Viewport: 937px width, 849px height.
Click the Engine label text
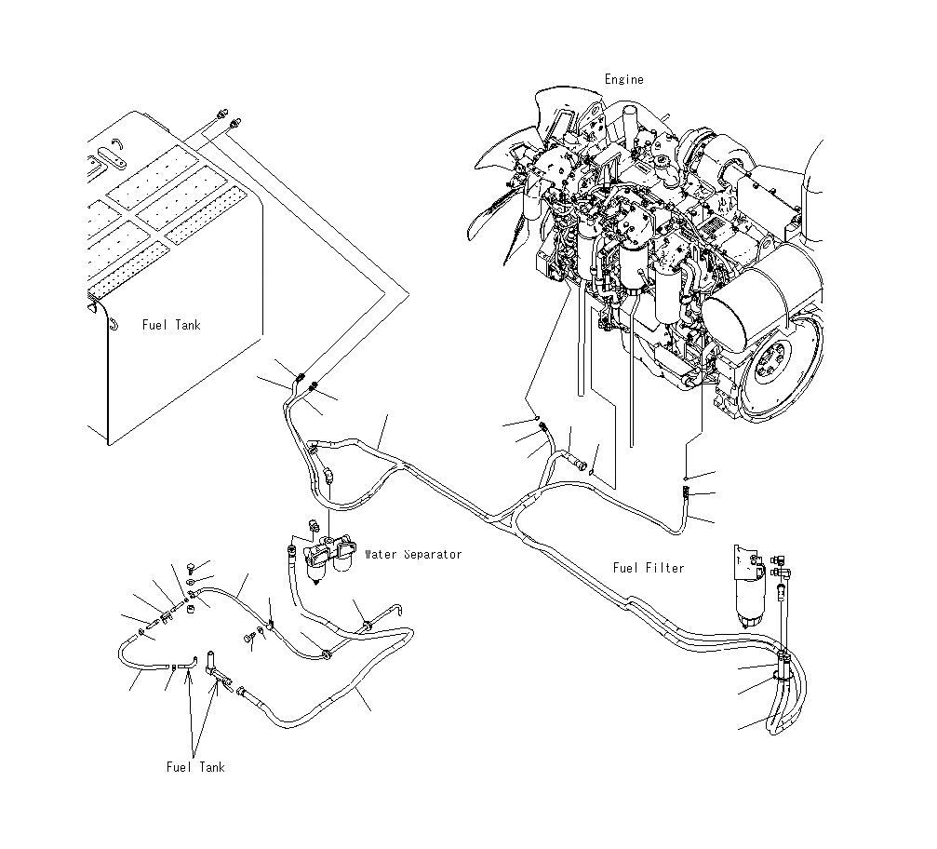(623, 80)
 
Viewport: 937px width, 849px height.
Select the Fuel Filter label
(649, 568)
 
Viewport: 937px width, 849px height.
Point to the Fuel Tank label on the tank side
(171, 325)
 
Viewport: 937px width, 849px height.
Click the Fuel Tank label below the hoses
(195, 767)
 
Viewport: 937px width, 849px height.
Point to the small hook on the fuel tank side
(112, 323)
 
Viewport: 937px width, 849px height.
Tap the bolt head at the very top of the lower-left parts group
(190, 566)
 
